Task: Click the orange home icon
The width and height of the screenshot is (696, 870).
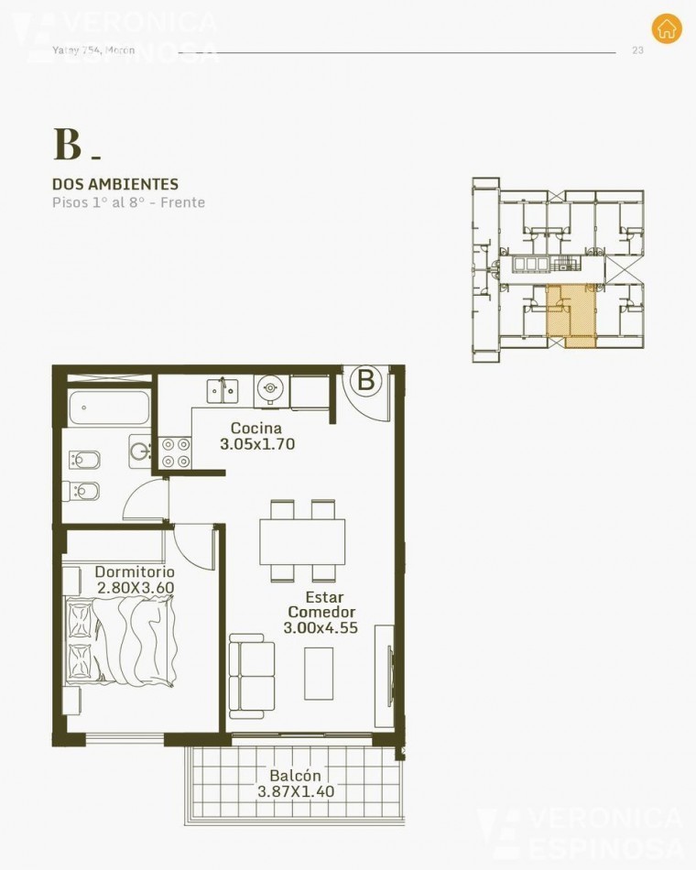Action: tap(667, 27)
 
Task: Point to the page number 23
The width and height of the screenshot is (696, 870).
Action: tap(637, 50)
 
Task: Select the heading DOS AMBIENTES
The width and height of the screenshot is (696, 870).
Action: tap(114, 184)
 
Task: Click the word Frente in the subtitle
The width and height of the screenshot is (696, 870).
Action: tap(182, 202)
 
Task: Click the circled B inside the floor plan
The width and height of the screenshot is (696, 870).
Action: tap(365, 380)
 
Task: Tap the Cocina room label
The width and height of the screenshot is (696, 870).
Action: tap(256, 428)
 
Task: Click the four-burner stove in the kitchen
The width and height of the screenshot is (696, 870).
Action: tap(177, 451)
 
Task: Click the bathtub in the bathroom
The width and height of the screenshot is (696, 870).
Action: tap(108, 408)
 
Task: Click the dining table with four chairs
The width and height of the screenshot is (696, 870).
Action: tap(303, 541)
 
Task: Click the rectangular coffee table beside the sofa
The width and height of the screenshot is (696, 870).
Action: tap(320, 672)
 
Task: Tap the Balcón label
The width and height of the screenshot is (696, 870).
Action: tap(292, 775)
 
